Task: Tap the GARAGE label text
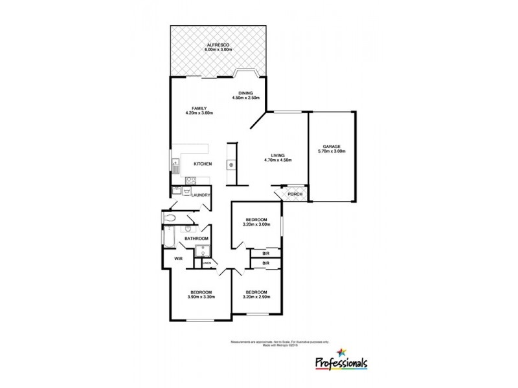pyautogui.click(x=332, y=147)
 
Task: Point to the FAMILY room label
pyautogui.click(x=199, y=108)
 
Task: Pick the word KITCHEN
pyautogui.click(x=203, y=164)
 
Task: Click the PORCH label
pyautogui.click(x=294, y=194)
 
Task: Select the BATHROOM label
pyautogui.click(x=196, y=239)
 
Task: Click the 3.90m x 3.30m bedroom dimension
pyautogui.click(x=201, y=296)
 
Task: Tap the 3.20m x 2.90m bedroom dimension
pyautogui.click(x=256, y=296)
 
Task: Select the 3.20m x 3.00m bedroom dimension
pyautogui.click(x=256, y=224)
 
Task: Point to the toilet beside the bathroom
pyautogui.click(x=170, y=219)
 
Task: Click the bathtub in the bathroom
pyautogui.click(x=165, y=242)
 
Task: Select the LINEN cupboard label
pyautogui.click(x=207, y=263)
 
